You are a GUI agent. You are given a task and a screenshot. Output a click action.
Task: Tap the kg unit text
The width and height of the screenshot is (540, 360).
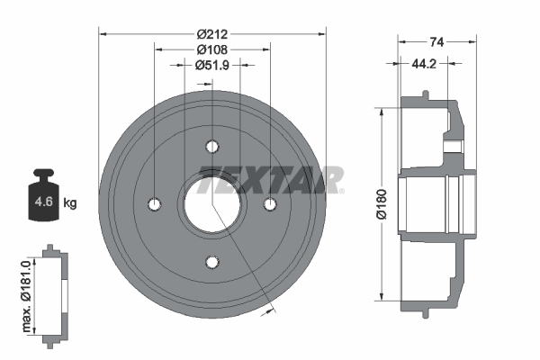[70, 203]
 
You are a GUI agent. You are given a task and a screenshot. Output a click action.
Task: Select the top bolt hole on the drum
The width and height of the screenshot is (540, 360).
[212, 147]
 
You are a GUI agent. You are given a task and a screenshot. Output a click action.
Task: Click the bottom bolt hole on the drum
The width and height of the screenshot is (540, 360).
[212, 262]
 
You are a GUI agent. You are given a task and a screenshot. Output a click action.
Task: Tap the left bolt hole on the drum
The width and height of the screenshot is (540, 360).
[155, 204]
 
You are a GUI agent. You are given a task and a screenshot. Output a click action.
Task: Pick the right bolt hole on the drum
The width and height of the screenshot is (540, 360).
[270, 204]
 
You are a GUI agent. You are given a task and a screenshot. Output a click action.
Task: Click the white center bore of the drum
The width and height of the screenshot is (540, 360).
[212, 204]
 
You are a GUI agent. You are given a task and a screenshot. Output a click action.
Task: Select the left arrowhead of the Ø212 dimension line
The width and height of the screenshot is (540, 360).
[103, 34]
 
